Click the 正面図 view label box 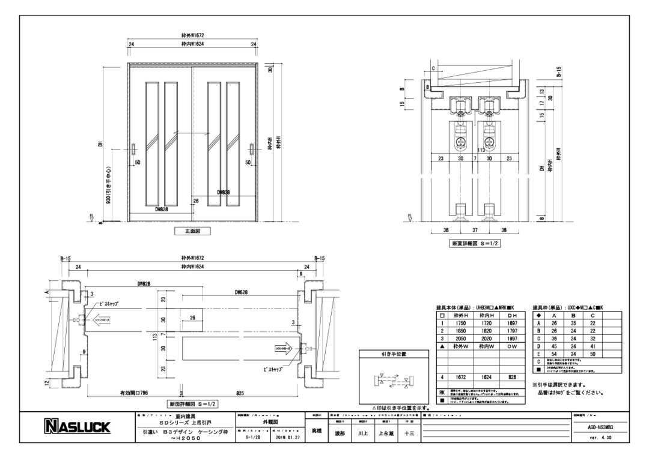pyautogui.click(x=192, y=231)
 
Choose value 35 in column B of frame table pyautogui.click(x=573, y=322)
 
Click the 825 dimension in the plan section pyautogui.click(x=240, y=393)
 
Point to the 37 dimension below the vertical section pyautogui.click(x=475, y=229)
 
